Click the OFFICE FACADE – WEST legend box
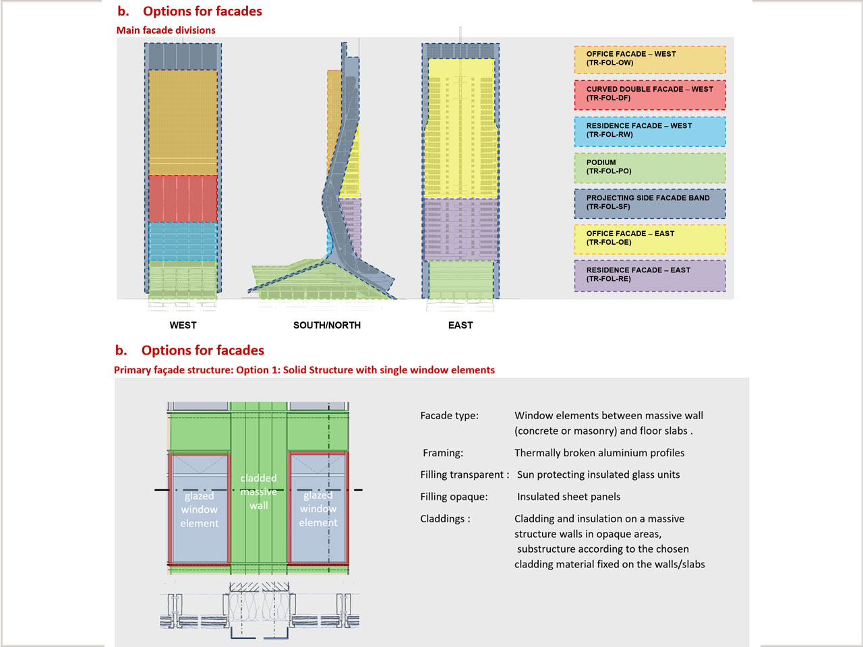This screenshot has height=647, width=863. click(650, 59)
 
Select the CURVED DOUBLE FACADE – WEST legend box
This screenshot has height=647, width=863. click(650, 95)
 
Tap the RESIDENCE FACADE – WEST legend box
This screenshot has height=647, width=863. click(650, 131)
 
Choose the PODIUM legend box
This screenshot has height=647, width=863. click(650, 168)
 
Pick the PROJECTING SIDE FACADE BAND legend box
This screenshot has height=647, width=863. click(650, 204)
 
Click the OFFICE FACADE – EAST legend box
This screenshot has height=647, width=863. click(650, 239)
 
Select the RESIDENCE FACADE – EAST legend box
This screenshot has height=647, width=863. click(650, 276)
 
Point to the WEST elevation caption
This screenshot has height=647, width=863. click(183, 325)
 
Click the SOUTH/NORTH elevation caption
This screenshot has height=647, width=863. click(327, 325)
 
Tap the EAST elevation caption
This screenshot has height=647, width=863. click(460, 325)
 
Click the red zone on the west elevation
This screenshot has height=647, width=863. click(183, 199)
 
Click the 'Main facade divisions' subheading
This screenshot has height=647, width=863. click(166, 30)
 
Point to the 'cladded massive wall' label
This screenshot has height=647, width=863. click(259, 491)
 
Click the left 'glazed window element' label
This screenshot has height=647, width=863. click(199, 510)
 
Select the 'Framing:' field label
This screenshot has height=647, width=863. click(443, 453)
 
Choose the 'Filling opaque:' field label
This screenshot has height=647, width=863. click(454, 497)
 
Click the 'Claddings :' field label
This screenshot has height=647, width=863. click(445, 519)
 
